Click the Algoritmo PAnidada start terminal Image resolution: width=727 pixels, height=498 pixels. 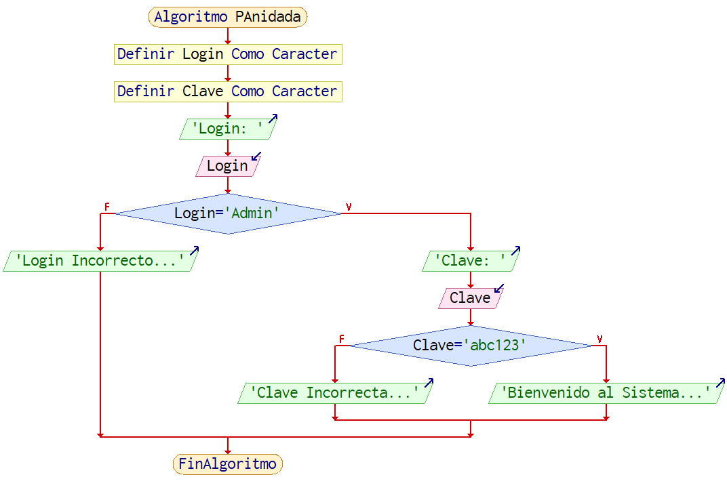[227, 17]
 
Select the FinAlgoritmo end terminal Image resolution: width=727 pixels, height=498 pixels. [227, 464]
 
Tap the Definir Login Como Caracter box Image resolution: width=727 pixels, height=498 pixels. [227, 54]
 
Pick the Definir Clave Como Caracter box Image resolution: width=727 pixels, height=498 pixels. [227, 91]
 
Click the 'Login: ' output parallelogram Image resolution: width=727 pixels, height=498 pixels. [227, 129]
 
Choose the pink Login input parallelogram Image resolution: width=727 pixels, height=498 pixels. [227, 166]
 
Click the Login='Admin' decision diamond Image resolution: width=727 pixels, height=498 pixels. [227, 213]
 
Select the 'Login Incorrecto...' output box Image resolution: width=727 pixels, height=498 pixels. [100, 261]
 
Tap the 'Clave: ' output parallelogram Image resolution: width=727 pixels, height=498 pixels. [470, 261]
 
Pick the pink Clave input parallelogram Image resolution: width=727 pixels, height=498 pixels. [470, 298]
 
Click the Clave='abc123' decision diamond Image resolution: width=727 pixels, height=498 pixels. [470, 346]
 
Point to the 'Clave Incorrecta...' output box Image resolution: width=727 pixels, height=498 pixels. [334, 393]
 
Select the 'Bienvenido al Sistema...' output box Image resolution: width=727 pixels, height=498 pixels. [606, 393]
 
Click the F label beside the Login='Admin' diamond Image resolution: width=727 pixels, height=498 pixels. [106, 206]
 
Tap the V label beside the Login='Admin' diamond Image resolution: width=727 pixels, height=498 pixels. [349, 207]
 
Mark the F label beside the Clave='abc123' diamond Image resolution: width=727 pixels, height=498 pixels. [341, 338]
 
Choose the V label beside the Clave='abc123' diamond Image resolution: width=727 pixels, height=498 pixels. [600, 339]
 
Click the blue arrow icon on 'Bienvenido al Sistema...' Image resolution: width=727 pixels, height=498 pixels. [720, 383]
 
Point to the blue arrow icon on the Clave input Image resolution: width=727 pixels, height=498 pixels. [499, 289]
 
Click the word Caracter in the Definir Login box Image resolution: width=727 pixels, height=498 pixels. [304, 54]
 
